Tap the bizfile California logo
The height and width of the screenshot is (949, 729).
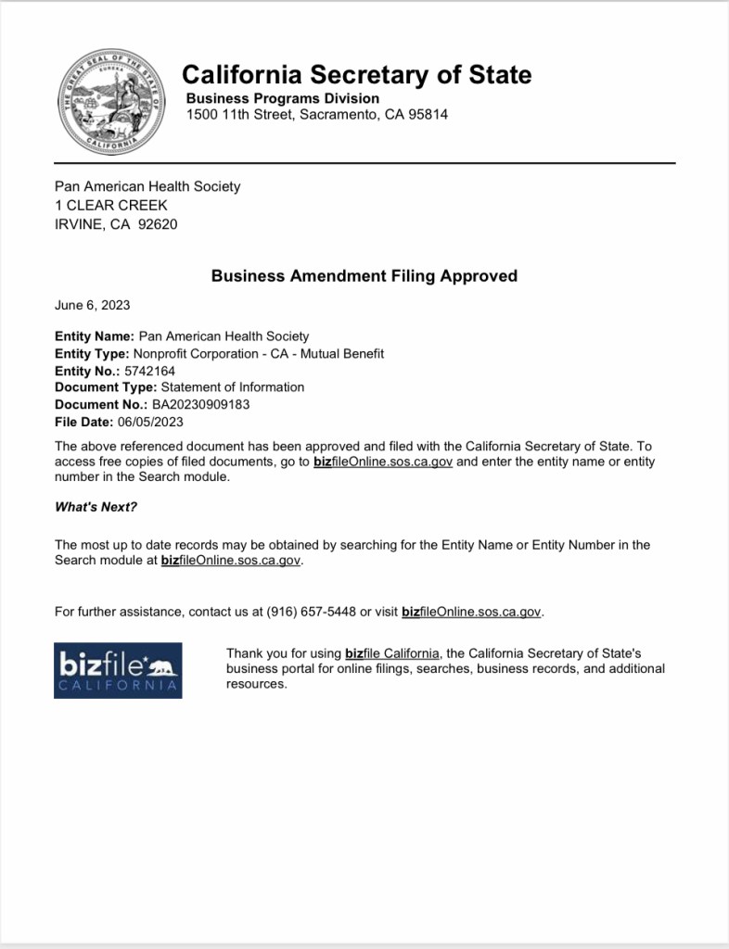click(x=118, y=670)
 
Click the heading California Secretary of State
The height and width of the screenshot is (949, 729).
click(x=357, y=74)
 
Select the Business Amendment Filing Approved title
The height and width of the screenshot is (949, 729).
click(x=364, y=275)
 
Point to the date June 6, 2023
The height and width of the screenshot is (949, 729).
click(x=92, y=305)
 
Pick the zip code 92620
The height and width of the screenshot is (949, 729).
click(x=158, y=223)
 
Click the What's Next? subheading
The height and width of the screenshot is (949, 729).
click(x=96, y=506)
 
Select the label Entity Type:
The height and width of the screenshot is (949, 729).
click(x=92, y=353)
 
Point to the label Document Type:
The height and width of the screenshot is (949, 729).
click(x=106, y=387)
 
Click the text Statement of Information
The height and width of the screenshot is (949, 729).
click(x=233, y=387)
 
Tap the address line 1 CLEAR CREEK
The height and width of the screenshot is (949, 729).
click(x=111, y=205)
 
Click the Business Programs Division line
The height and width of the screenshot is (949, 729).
click(x=283, y=98)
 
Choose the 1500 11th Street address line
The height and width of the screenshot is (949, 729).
click(x=317, y=115)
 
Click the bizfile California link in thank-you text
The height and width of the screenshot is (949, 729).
click(x=392, y=653)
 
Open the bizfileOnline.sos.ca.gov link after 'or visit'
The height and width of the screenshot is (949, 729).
click(x=472, y=612)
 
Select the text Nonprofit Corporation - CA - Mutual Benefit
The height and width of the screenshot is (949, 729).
click(x=259, y=353)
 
